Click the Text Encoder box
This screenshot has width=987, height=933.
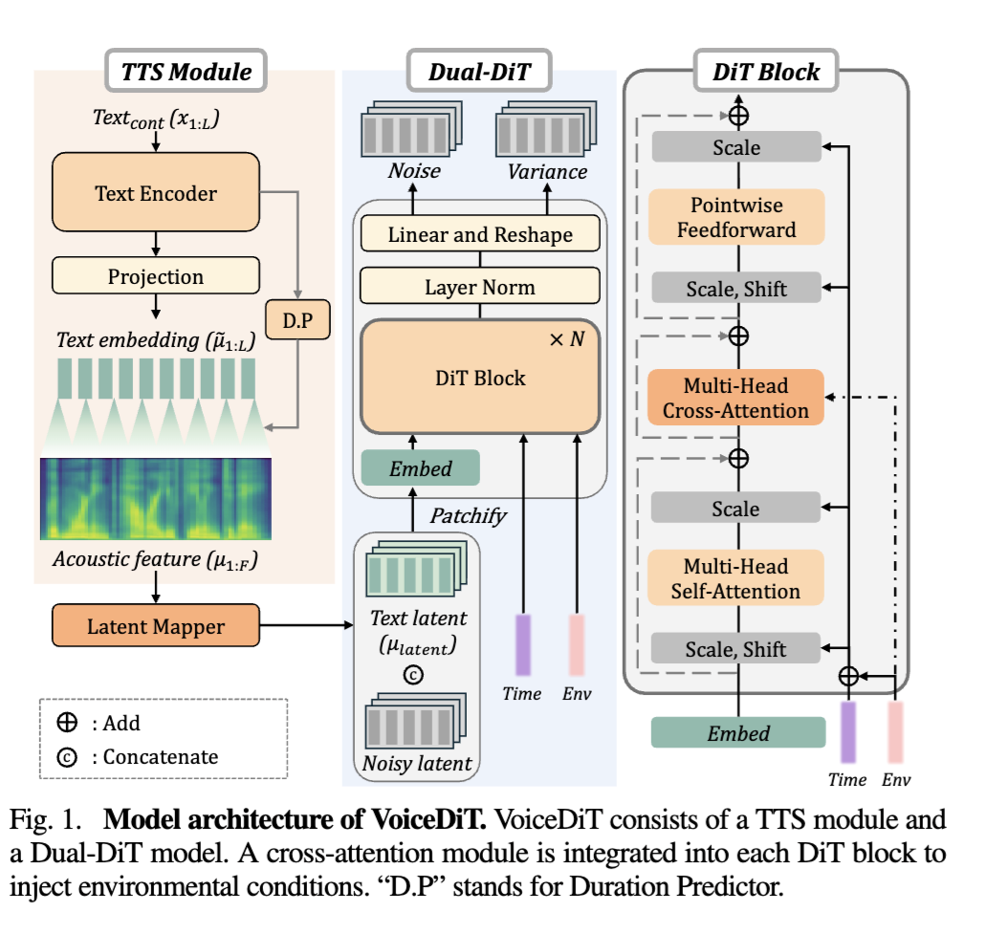click(x=155, y=193)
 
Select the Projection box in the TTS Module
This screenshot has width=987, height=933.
click(x=155, y=277)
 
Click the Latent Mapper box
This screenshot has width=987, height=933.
click(x=155, y=627)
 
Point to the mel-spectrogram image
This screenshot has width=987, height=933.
click(x=155, y=499)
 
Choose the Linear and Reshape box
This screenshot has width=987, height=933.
click(x=480, y=234)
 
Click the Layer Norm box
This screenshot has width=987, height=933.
click(x=480, y=286)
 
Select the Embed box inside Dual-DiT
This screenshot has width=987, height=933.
click(x=420, y=468)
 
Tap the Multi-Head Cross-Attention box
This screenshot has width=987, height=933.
click(x=735, y=399)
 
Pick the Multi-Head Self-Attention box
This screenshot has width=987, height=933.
click(x=735, y=578)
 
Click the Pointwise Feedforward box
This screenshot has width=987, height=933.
click(x=735, y=217)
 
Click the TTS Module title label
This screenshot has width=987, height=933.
click(x=186, y=72)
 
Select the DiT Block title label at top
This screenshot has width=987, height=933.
click(x=766, y=72)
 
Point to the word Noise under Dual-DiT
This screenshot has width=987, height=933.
click(x=414, y=172)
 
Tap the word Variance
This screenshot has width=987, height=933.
click(x=548, y=172)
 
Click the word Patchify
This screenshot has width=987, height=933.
click(x=467, y=516)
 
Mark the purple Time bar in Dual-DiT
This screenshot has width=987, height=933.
click(x=522, y=644)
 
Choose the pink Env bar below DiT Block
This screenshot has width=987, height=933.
click(x=896, y=732)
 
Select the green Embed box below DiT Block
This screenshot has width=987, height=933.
click(x=737, y=733)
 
